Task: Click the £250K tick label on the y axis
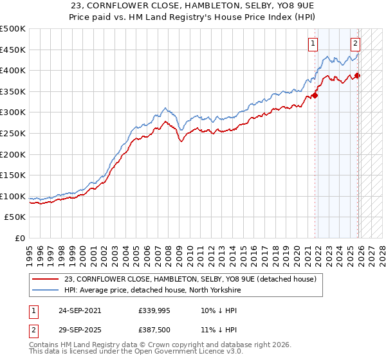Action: pos(13,133)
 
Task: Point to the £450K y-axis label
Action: pos(13,50)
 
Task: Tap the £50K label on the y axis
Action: pos(15,217)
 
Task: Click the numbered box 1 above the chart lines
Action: pos(313,44)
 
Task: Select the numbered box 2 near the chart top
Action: pos(355,44)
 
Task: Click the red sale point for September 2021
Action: pos(315,96)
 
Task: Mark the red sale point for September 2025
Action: pos(358,76)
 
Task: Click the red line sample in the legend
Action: pos(46,280)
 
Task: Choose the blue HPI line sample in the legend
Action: pos(46,290)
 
